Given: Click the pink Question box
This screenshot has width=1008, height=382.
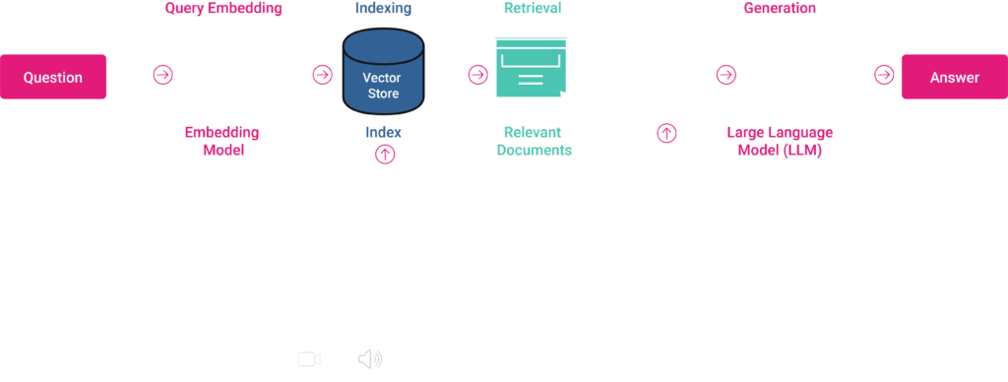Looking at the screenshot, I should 53,77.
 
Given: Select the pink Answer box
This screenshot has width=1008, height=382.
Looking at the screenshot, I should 954,77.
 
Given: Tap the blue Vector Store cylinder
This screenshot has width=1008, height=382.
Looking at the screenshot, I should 383,74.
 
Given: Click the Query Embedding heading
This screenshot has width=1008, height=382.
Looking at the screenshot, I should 223,9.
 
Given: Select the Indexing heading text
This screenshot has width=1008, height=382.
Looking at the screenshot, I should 383,9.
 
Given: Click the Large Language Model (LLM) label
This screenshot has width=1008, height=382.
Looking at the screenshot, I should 780,141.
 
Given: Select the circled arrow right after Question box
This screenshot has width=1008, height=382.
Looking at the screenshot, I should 162,75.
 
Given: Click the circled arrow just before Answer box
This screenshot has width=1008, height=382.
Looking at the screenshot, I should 884,75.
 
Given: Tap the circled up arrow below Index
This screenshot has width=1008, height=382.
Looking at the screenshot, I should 384,154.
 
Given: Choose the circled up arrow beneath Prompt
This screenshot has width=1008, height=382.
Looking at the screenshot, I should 666,132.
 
